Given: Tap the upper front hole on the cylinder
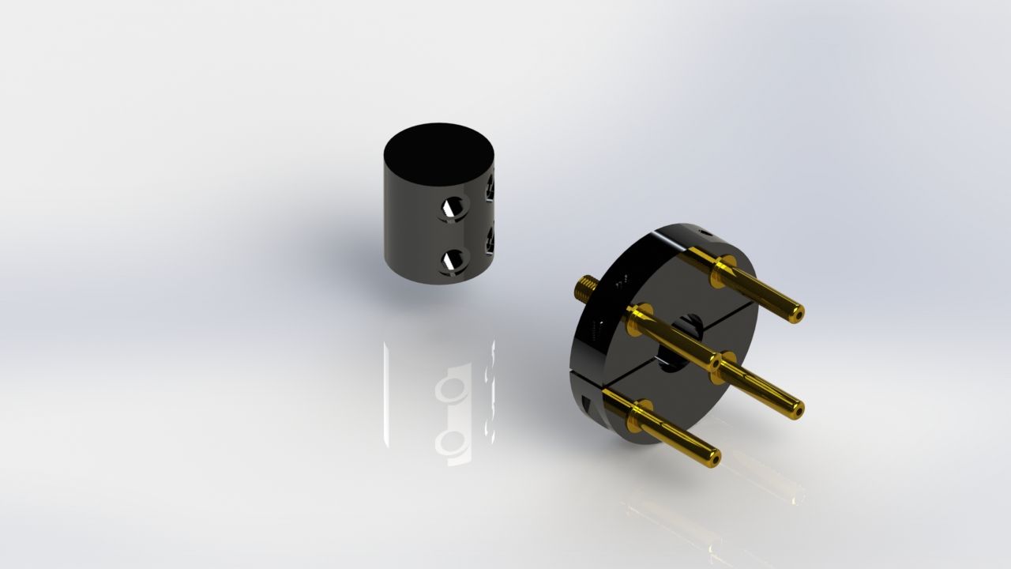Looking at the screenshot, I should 454,207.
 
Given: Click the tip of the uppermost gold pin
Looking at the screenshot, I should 798,312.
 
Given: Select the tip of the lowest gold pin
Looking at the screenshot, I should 713,456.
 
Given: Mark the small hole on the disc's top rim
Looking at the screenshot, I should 704,232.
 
